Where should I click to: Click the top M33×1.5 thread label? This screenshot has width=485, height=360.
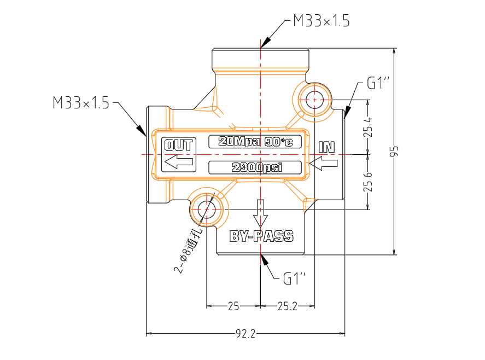[x=322, y=21]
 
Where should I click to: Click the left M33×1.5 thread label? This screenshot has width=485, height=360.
[x=81, y=102]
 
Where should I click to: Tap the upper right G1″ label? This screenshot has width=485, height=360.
[x=378, y=83]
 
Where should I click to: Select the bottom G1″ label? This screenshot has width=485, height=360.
[x=295, y=278]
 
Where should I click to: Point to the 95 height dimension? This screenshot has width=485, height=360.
[x=395, y=151]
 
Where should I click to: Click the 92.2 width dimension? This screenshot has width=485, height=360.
[x=246, y=333]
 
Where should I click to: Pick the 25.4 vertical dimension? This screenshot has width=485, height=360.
[x=368, y=127]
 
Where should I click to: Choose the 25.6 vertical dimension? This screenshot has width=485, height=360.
[x=368, y=182]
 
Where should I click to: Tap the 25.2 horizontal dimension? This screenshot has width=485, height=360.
[x=288, y=306]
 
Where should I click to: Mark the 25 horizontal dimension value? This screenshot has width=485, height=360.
[x=233, y=306]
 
